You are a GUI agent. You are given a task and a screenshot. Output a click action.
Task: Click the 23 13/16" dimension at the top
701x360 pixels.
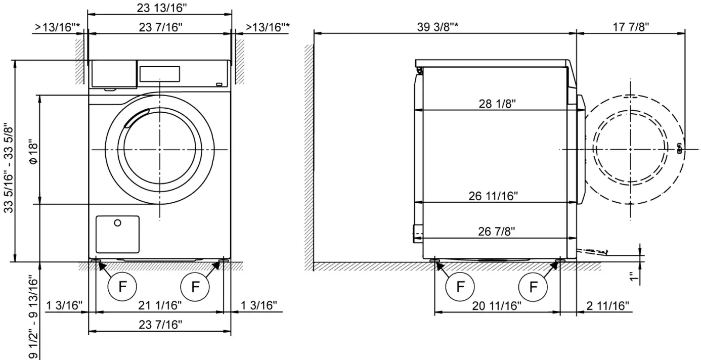tap(160, 8)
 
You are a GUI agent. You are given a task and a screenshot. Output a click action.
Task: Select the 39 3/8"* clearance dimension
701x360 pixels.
tap(437, 27)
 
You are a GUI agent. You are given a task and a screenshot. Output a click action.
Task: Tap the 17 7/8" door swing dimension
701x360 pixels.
tap(631, 27)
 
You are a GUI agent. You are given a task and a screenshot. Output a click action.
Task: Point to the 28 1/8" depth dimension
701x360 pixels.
tap(497, 104)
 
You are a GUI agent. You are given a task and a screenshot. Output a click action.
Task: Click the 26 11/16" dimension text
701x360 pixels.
tap(493, 196)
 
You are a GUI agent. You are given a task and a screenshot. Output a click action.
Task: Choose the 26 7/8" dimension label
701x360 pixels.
tap(497, 232)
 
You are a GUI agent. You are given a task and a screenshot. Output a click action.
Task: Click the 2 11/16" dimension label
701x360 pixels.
tap(608, 305)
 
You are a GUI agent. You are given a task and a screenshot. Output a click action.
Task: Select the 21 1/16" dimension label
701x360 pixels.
tap(160, 305)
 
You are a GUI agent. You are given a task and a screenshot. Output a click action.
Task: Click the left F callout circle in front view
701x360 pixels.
tap(122, 287)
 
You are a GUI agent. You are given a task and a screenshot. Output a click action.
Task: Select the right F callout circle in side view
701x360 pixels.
tap(533, 287)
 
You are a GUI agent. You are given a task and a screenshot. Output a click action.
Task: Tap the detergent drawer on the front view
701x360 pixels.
tap(114, 74)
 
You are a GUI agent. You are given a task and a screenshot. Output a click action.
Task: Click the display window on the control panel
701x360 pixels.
tap(159, 73)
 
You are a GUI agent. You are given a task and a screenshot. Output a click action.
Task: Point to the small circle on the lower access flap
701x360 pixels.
tap(117, 223)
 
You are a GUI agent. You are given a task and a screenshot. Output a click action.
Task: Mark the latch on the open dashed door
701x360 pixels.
tap(679, 149)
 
